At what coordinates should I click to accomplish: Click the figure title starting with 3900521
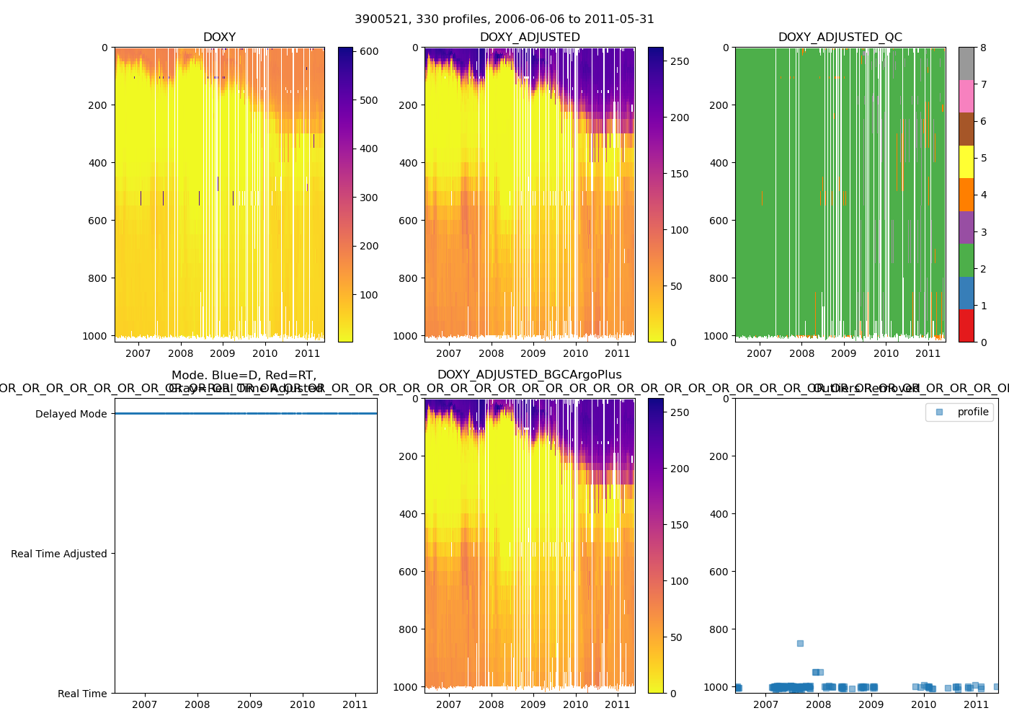[x=504, y=19]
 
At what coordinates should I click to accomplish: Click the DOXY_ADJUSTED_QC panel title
[x=840, y=37]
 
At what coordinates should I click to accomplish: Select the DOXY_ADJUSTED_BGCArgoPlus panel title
[x=529, y=375]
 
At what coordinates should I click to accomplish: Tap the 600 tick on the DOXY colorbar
[x=369, y=52]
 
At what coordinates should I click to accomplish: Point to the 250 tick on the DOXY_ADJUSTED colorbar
[x=680, y=62]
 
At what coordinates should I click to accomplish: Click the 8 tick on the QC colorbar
[x=983, y=48]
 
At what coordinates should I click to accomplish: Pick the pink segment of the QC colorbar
[x=966, y=96]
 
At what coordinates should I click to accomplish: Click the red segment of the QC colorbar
[x=966, y=325]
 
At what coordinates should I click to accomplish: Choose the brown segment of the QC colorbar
[x=966, y=129]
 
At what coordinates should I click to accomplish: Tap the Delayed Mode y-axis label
[x=71, y=414]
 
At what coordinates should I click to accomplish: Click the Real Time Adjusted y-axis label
[x=59, y=554]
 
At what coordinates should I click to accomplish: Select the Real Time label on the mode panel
[x=82, y=694]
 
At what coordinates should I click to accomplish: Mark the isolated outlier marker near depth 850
[x=800, y=643]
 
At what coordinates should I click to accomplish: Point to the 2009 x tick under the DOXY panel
[x=223, y=353]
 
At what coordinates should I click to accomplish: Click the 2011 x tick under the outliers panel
[x=977, y=704]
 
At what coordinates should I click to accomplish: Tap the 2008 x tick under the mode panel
[x=197, y=704]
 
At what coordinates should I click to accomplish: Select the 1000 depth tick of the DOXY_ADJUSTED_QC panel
[x=719, y=336]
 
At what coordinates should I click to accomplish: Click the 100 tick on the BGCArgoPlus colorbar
[x=680, y=581]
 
